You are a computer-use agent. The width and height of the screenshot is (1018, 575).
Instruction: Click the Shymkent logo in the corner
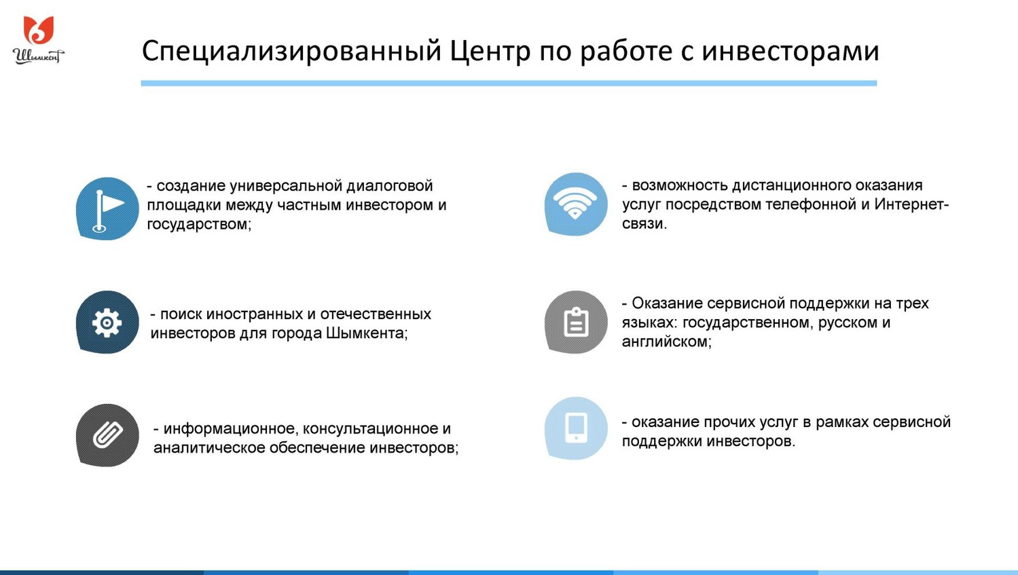38,40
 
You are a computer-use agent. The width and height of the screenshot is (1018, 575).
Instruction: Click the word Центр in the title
490,51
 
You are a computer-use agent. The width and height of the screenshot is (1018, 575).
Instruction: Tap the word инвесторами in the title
790,51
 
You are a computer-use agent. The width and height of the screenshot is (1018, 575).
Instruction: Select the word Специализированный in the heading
291,52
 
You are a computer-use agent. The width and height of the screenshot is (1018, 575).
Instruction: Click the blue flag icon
107,208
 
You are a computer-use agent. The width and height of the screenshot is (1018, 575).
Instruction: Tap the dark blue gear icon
107,322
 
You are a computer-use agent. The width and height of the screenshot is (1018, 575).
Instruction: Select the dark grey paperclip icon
107,435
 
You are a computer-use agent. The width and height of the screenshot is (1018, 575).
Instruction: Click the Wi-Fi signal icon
576,204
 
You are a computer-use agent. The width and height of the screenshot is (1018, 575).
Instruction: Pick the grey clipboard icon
576,322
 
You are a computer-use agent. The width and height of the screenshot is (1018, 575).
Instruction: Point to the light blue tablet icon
576,428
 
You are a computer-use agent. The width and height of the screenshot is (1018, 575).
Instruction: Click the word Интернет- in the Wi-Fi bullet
911,204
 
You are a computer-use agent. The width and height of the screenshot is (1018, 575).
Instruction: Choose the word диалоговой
390,186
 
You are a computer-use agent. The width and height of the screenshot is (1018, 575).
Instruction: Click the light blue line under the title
509,83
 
